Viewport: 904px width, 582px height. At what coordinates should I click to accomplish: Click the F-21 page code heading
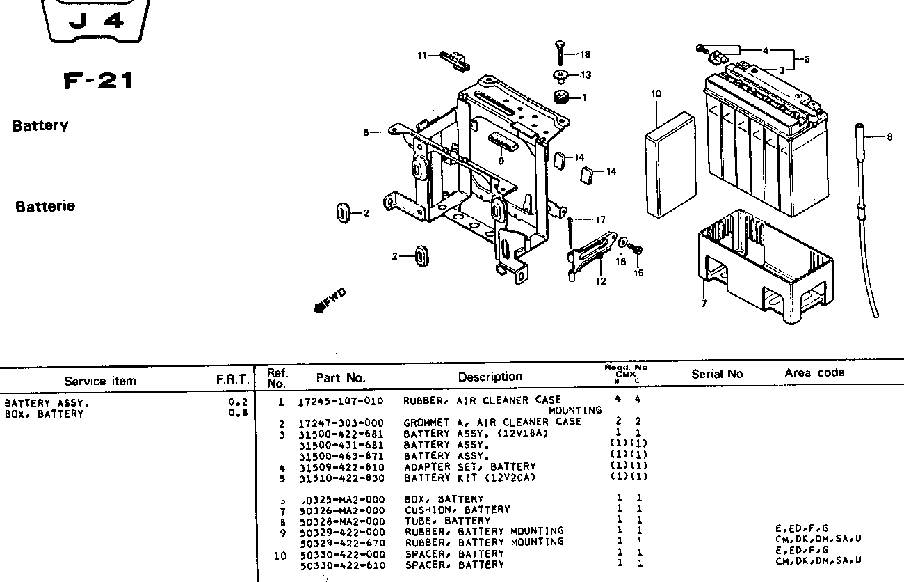pos(98,81)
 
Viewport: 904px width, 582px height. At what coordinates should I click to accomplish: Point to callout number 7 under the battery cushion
pos(704,304)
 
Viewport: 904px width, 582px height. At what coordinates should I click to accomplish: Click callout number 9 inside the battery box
pos(501,161)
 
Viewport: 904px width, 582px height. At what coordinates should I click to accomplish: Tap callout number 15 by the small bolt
pos(638,273)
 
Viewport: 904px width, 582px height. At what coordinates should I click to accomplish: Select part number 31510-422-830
pos(341,477)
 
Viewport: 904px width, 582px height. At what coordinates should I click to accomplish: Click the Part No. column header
pos(341,378)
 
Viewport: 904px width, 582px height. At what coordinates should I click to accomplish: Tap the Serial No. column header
pos(718,374)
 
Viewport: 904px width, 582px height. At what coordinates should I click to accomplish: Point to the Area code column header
pos(814,372)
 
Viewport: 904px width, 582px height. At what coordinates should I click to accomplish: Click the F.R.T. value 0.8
pos(239,413)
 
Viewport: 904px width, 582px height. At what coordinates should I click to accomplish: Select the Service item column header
pos(100,381)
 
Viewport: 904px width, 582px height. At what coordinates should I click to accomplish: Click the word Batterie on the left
pos(45,207)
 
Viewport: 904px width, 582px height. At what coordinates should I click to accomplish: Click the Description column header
pos(490,377)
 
